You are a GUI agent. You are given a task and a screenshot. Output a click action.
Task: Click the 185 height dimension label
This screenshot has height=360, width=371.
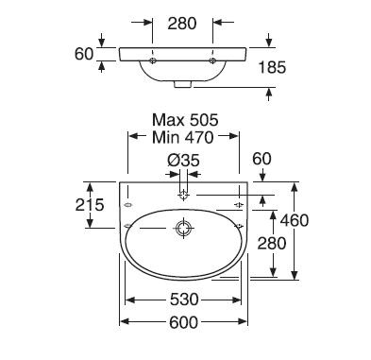pyautogui.click(x=272, y=67)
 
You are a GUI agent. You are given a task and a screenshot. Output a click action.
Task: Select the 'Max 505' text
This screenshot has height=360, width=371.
pyautogui.click(x=185, y=120)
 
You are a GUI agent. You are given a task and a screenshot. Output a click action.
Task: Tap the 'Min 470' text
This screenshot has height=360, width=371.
pyautogui.click(x=183, y=137)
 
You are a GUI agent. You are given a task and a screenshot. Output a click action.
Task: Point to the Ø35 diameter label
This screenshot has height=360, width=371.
pyautogui.click(x=183, y=161)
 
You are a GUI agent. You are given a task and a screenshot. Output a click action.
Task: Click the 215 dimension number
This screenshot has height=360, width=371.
pyautogui.click(x=90, y=205)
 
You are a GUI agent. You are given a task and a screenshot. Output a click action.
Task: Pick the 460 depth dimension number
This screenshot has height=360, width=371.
pyautogui.click(x=295, y=220)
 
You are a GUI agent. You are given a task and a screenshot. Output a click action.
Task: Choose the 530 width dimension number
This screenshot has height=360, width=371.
pyautogui.click(x=184, y=300)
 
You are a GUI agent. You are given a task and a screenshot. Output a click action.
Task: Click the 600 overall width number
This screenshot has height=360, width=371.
pyautogui.click(x=184, y=322)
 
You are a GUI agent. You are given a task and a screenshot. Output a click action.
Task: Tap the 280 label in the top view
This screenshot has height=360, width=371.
pyautogui.click(x=182, y=24)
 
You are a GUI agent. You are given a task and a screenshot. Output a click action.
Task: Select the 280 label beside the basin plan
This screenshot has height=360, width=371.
pyautogui.click(x=272, y=243)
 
